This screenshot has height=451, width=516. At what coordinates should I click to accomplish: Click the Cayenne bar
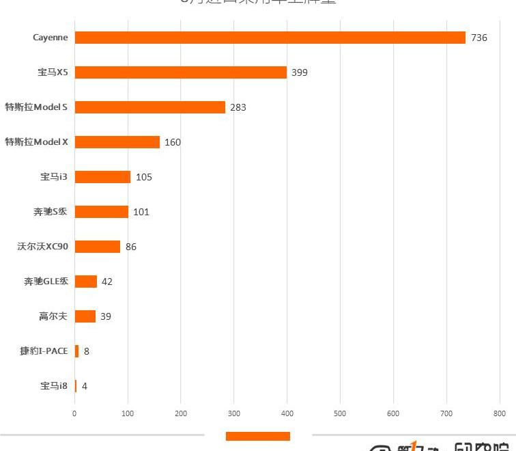[x=270, y=38]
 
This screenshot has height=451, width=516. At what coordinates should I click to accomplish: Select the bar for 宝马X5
[x=180, y=72]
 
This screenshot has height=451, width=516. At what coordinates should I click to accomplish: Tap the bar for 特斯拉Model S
[x=149, y=107]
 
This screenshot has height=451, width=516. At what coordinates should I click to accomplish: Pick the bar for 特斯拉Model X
[x=117, y=142]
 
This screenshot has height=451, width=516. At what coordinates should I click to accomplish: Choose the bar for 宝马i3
[x=102, y=177]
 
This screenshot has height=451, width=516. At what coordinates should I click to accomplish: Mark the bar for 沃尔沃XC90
[x=97, y=247]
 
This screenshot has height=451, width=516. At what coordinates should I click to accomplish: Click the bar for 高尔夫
[x=85, y=316]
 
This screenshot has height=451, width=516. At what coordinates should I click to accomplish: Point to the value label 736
[x=479, y=38]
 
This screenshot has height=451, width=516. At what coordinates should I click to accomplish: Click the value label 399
[x=300, y=72]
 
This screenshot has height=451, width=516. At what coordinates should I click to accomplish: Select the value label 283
[x=238, y=107]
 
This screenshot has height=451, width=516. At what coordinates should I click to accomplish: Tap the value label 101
[x=141, y=212]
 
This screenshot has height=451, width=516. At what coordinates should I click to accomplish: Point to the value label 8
[x=87, y=351]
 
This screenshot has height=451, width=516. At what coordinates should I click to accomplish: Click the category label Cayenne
[x=51, y=38]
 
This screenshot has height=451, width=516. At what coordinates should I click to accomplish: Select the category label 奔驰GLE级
[x=46, y=282]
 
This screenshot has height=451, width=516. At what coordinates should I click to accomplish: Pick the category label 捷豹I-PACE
[x=44, y=351]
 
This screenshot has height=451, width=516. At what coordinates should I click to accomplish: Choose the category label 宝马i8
[x=54, y=386]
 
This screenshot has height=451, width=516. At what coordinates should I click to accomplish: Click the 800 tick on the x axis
[x=500, y=413]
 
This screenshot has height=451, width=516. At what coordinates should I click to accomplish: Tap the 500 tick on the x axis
[x=340, y=413]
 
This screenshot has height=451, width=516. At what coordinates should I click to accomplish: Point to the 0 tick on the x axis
[x=75, y=413]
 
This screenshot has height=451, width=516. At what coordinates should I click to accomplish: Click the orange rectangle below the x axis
[x=258, y=437]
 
